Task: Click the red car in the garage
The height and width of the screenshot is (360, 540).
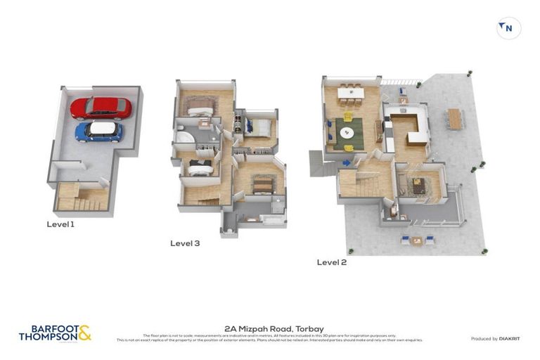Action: (101, 108)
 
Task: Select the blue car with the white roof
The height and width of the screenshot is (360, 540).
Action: (98, 131)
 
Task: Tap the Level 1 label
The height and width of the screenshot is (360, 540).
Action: (60, 224)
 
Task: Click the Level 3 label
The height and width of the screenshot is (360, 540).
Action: (185, 243)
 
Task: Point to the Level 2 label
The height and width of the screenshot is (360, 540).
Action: (332, 262)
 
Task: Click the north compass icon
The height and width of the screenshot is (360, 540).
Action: (508, 28)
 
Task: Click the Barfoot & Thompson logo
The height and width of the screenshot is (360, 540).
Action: (55, 333)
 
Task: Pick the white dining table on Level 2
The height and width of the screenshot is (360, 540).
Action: (350, 92)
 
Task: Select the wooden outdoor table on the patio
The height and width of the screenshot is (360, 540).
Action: (455, 119)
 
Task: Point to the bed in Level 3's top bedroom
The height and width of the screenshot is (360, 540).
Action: (199, 107)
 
